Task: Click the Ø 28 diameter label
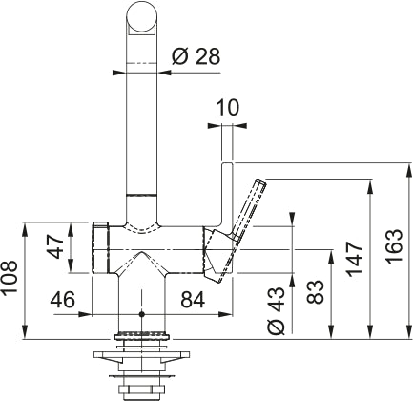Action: (196, 56)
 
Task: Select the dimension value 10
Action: (228, 109)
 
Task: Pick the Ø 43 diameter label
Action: (277, 310)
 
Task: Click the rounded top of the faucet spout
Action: (141, 16)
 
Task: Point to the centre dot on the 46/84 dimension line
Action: (141, 313)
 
